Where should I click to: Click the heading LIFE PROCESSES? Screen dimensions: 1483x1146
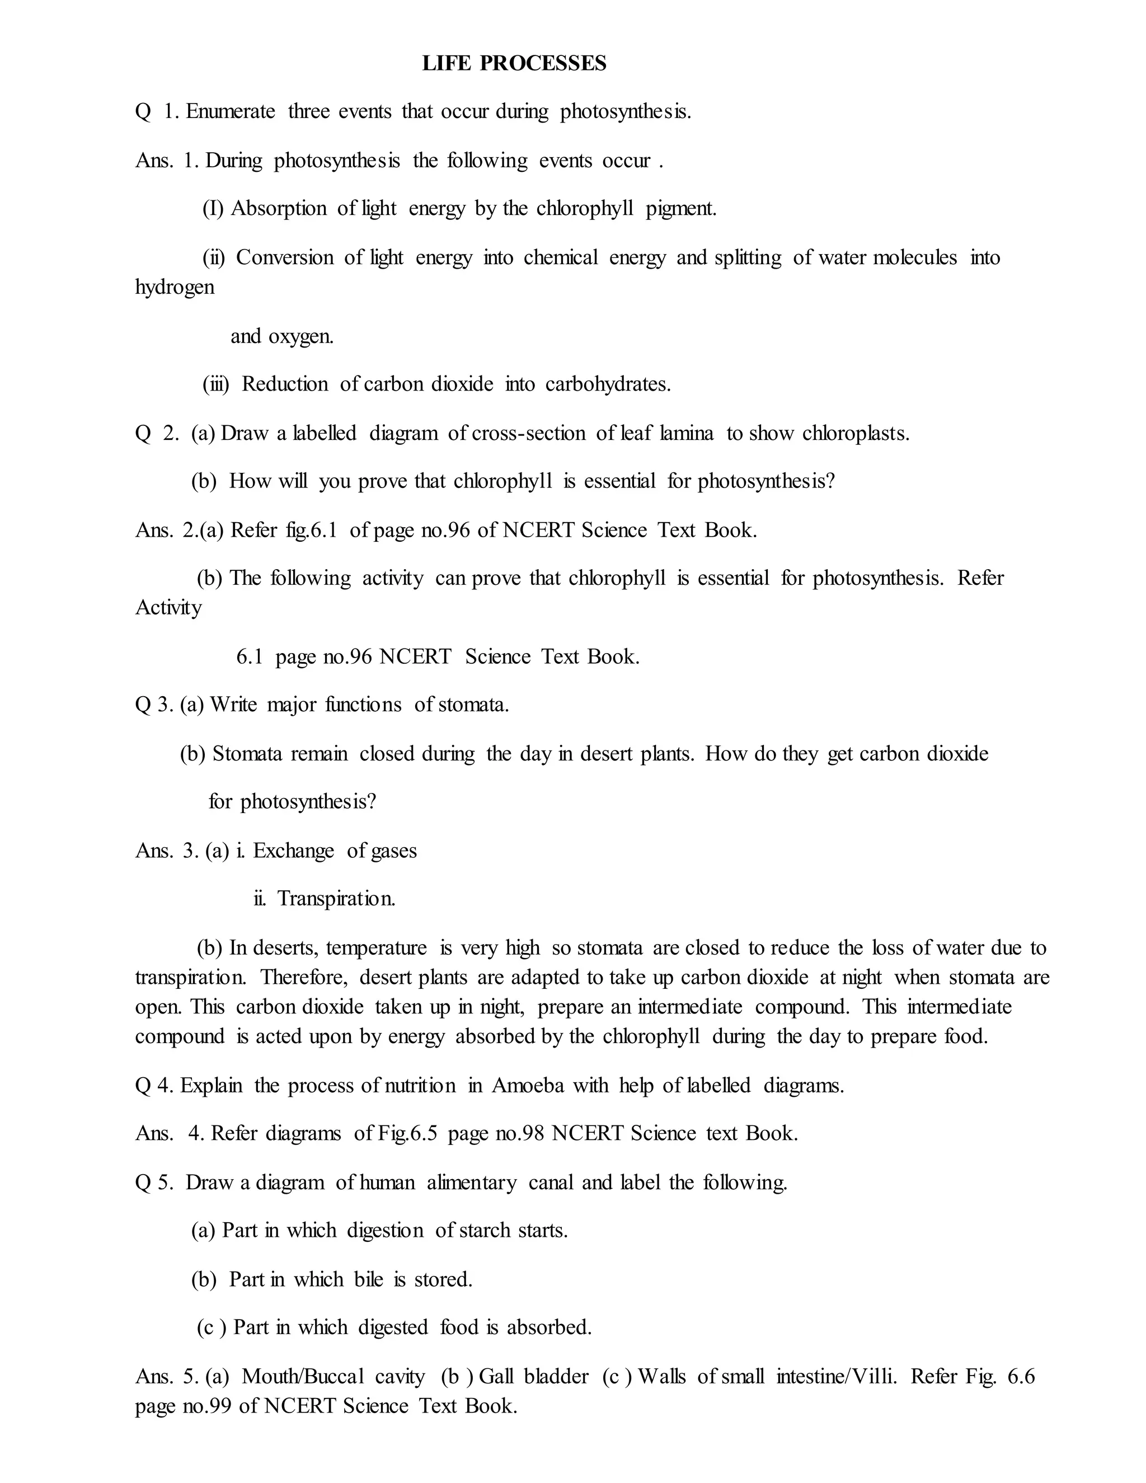514,63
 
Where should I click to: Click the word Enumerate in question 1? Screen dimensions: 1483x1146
231,111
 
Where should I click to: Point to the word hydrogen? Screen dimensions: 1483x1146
175,287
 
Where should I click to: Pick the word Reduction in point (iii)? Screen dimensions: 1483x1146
285,384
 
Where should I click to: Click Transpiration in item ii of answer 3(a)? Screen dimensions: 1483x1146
336,899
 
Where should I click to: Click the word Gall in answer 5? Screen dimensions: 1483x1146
496,1377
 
